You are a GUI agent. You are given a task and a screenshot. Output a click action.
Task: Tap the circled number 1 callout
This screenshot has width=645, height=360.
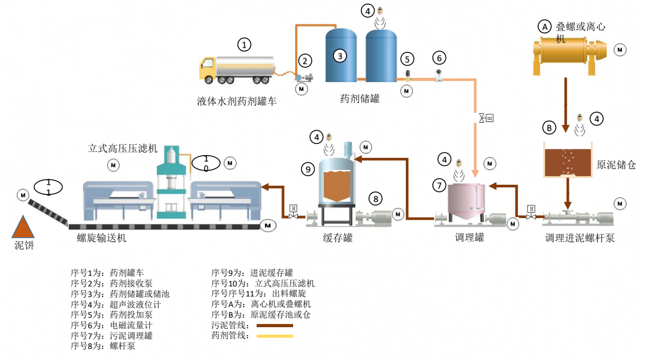(244, 44)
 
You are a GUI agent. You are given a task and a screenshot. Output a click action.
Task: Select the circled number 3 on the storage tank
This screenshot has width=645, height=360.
(340, 55)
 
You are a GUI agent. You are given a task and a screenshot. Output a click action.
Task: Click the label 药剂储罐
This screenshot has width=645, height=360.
(359, 98)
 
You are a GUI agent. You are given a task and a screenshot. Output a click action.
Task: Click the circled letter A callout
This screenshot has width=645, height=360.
(544, 25)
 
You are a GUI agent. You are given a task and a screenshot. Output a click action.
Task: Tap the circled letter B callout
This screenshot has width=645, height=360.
(549, 128)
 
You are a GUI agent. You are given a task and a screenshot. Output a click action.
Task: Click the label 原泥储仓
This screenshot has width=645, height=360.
(616, 165)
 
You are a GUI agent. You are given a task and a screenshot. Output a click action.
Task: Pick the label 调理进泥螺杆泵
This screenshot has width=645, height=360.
(579, 238)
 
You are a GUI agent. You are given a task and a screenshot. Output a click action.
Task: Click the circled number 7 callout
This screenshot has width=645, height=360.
(439, 185)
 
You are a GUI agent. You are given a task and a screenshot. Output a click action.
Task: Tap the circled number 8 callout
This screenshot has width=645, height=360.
(375, 199)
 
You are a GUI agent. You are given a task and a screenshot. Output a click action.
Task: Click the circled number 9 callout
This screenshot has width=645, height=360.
(307, 169)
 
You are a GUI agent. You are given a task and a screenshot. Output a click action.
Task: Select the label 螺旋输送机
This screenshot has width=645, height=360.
(102, 238)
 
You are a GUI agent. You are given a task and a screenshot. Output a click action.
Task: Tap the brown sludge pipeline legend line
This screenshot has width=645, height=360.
(274, 326)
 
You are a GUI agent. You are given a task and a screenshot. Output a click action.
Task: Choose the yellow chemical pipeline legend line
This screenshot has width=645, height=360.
(274, 336)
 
